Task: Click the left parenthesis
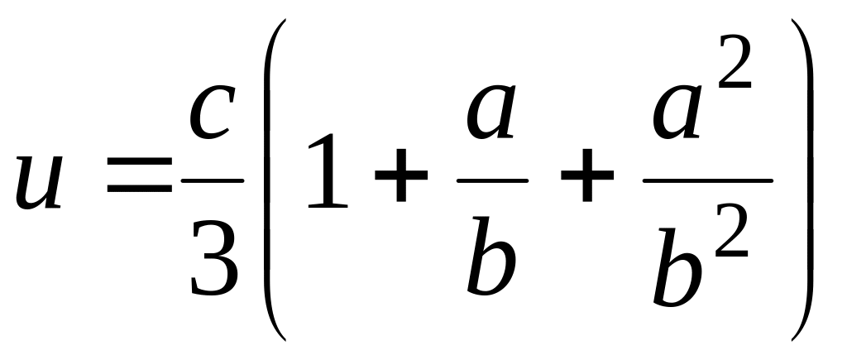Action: pos(275,178)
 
